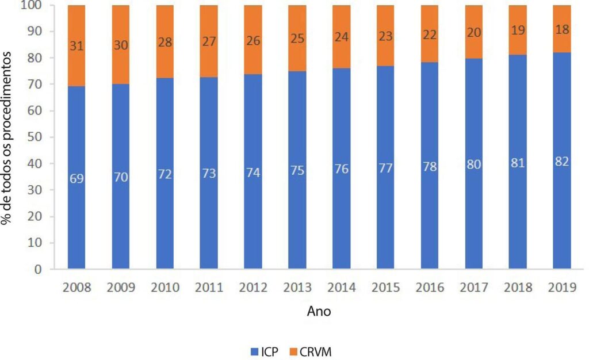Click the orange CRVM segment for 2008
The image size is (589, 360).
pyautogui.click(x=77, y=46)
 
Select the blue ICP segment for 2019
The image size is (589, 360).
pyautogui.click(x=562, y=160)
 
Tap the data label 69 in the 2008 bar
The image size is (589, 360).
pyautogui.click(x=77, y=179)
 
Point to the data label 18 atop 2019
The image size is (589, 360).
pyautogui.click(x=563, y=29)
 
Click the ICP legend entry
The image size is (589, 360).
pyautogui.click(x=265, y=352)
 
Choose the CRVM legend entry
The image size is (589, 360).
pyautogui.click(x=311, y=352)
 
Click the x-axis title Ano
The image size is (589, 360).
pyautogui.click(x=319, y=311)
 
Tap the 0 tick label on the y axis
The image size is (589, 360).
pyautogui.click(x=38, y=269)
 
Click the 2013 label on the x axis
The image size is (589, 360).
pyautogui.click(x=297, y=287)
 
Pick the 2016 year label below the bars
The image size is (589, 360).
pyautogui.click(x=430, y=287)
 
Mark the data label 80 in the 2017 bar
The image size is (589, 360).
pyautogui.click(x=474, y=164)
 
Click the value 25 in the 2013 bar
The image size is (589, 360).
pyautogui.click(x=297, y=39)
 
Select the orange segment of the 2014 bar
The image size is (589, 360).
pyautogui.click(x=342, y=37)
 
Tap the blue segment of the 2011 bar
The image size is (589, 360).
pyautogui.click(x=209, y=173)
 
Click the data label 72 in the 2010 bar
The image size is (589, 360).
pyautogui.click(x=165, y=174)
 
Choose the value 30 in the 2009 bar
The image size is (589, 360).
pyautogui.click(x=121, y=45)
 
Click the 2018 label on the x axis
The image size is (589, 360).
pyautogui.click(x=518, y=287)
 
